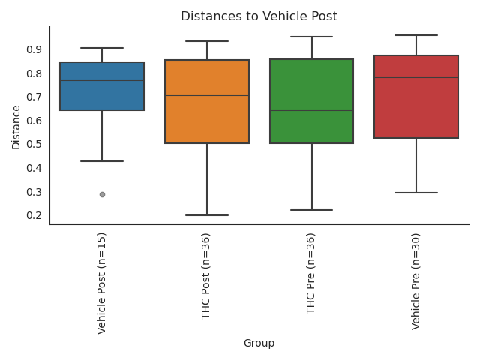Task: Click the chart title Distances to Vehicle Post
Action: (x=259, y=16)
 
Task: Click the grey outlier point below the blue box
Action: (x=102, y=194)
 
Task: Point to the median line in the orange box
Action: (x=207, y=95)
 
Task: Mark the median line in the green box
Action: (x=311, y=110)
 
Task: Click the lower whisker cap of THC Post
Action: (x=207, y=215)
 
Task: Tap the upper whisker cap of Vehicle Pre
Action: (x=416, y=35)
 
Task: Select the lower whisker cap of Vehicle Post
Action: (x=102, y=161)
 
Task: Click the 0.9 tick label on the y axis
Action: (x=34, y=49)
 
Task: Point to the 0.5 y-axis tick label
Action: (x=34, y=144)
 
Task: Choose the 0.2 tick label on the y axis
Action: (x=34, y=215)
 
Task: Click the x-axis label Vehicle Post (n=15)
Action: (x=102, y=283)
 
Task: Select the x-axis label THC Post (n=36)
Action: (x=207, y=276)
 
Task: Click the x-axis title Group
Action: (x=259, y=343)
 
